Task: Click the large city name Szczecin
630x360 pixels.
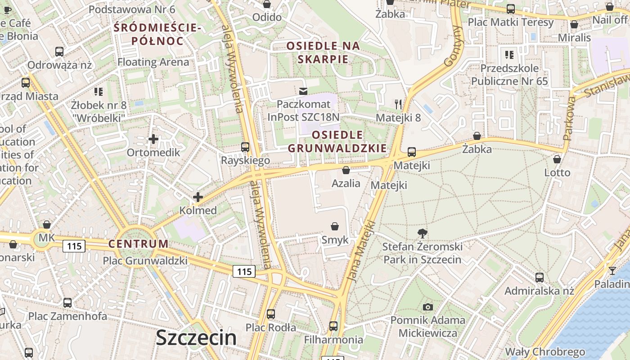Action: tap(196, 338)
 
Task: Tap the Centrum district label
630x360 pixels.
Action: tap(138, 244)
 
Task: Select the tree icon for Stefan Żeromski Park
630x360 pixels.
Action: tap(422, 233)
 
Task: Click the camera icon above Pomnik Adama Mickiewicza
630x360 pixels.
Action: tap(427, 307)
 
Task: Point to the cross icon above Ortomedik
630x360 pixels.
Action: tap(153, 139)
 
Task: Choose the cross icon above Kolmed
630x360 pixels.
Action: tap(198, 197)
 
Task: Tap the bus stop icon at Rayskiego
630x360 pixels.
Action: tap(245, 147)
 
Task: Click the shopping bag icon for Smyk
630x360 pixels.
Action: tap(335, 226)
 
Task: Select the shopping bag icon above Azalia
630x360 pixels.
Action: tap(346, 170)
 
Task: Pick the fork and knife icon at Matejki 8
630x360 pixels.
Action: tap(398, 104)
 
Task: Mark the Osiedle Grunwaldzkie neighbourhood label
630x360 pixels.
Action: tap(337, 141)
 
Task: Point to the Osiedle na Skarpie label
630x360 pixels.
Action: tap(323, 52)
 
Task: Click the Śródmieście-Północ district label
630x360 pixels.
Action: tap(157, 34)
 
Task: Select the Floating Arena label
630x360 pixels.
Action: tap(153, 62)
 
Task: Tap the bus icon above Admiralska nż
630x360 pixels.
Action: tap(539, 277)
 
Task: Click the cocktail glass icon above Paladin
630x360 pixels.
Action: tap(612, 270)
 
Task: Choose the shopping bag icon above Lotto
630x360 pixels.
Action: tap(557, 159)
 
